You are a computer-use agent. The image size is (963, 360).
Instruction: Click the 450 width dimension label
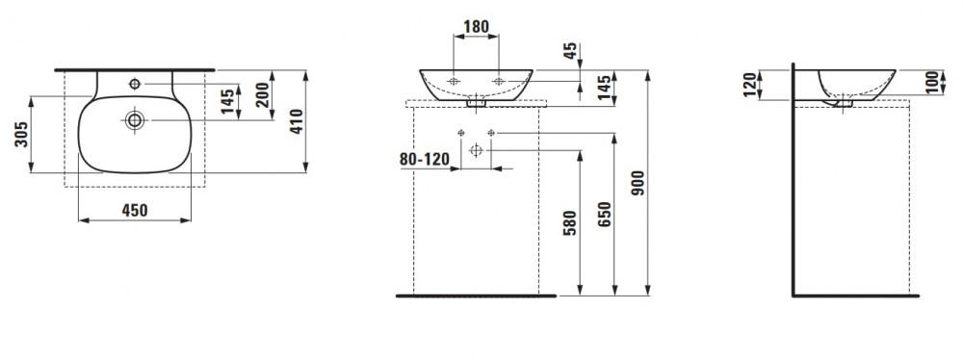pos(135,210)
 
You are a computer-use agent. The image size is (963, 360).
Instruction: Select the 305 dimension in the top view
pos(21,135)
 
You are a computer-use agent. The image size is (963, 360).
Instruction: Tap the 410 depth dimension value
pos(297,121)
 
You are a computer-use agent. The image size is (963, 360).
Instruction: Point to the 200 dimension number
pos(262,94)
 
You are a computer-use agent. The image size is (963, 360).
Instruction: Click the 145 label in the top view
pos(228,101)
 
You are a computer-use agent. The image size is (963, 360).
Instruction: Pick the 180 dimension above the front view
pos(476,26)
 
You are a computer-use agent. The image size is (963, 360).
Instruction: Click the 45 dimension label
pos(570,52)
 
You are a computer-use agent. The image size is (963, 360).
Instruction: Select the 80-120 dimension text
pos(425,159)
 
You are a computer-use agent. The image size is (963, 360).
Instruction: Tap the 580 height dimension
pos(570,223)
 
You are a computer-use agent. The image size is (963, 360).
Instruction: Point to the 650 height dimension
pos(605,215)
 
